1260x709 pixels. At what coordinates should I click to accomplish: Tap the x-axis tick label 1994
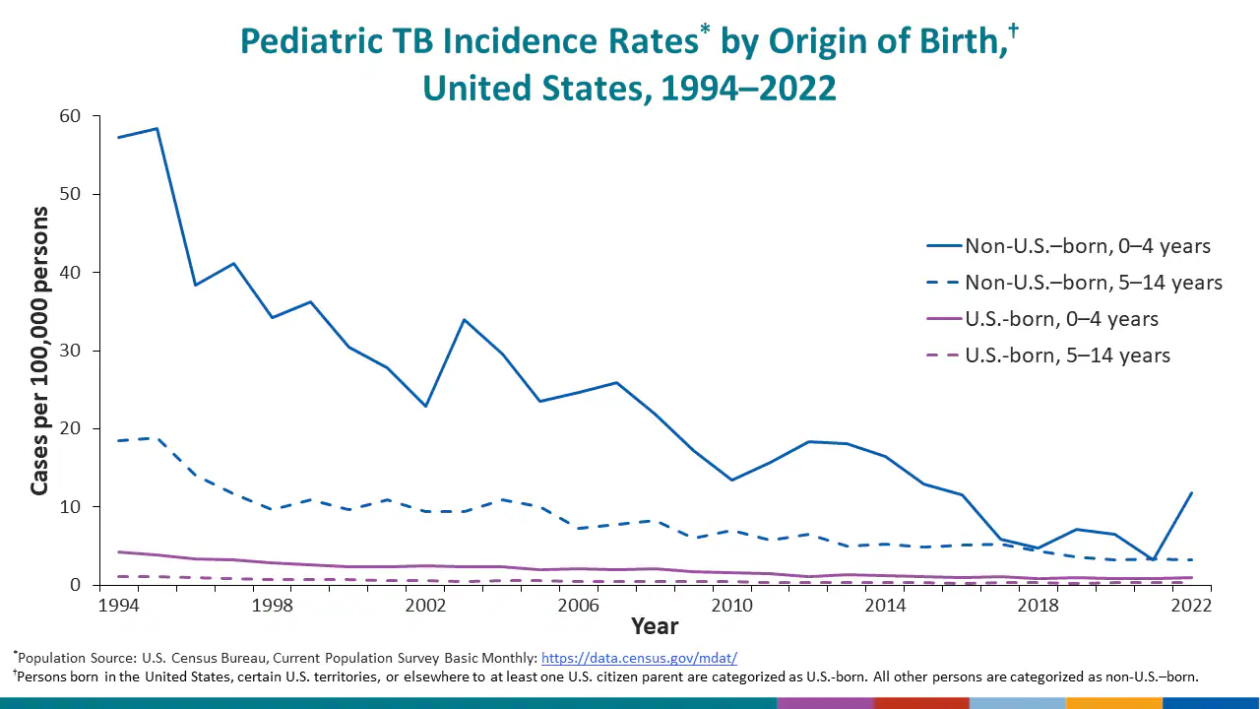(118, 605)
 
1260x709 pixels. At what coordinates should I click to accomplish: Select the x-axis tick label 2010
(730, 605)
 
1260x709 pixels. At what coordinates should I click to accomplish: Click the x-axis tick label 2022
(1191, 605)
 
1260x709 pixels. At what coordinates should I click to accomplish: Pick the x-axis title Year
(655, 626)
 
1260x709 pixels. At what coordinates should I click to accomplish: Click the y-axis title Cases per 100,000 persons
(39, 351)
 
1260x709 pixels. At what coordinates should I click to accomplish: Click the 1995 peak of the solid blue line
(157, 128)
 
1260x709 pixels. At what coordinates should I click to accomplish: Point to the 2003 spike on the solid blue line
(464, 319)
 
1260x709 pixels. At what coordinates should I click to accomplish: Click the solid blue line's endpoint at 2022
(1191, 492)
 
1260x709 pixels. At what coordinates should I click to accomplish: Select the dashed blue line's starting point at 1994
(119, 440)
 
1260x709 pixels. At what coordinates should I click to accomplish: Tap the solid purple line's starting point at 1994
(119, 551)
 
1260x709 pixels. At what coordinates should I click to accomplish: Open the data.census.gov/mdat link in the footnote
(639, 658)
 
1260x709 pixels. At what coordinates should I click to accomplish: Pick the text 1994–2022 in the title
(748, 89)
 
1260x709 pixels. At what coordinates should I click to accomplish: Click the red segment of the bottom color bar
(921, 703)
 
